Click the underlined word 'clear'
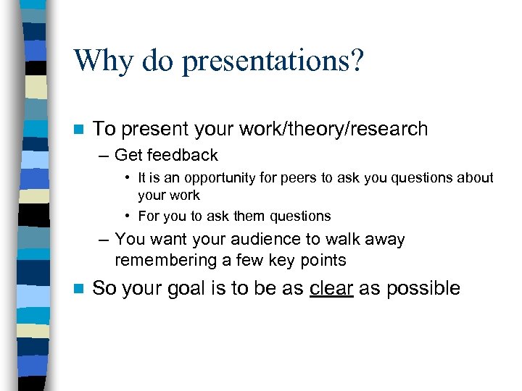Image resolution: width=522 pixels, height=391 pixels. [x=331, y=288]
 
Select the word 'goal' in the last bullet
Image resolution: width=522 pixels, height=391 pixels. [x=190, y=289]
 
